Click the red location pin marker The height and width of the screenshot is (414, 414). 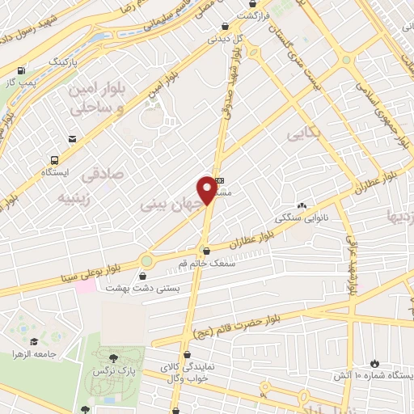(x=208, y=189)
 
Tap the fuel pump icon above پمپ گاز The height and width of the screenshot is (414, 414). (x=31, y=70)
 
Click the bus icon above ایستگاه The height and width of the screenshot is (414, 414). (x=54, y=160)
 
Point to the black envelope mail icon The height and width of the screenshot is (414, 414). (x=73, y=139)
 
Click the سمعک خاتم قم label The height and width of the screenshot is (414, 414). (x=207, y=263)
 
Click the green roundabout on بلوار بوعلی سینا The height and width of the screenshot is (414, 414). (x=146, y=260)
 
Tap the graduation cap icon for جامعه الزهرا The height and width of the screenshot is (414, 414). (x=35, y=341)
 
